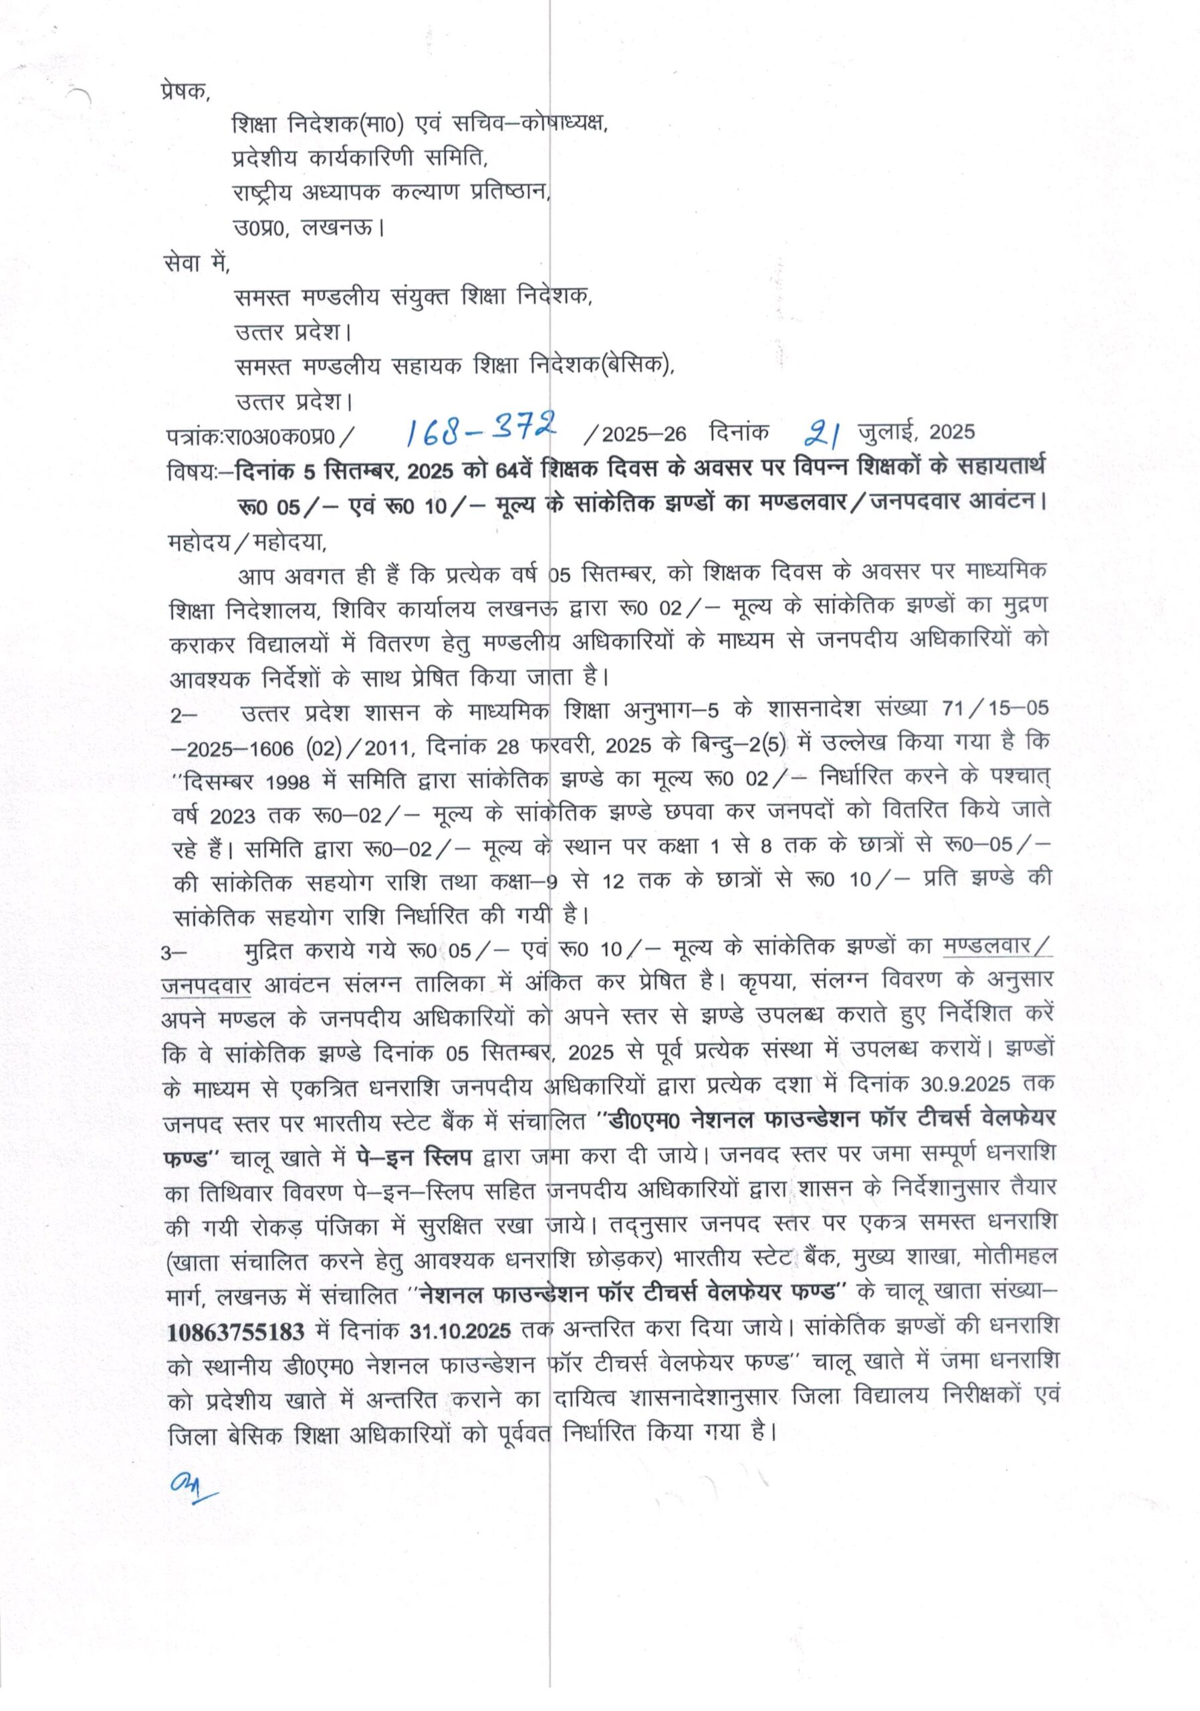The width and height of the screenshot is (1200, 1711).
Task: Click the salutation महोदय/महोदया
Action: coord(247,542)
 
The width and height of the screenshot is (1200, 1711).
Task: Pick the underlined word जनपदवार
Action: coord(207,986)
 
